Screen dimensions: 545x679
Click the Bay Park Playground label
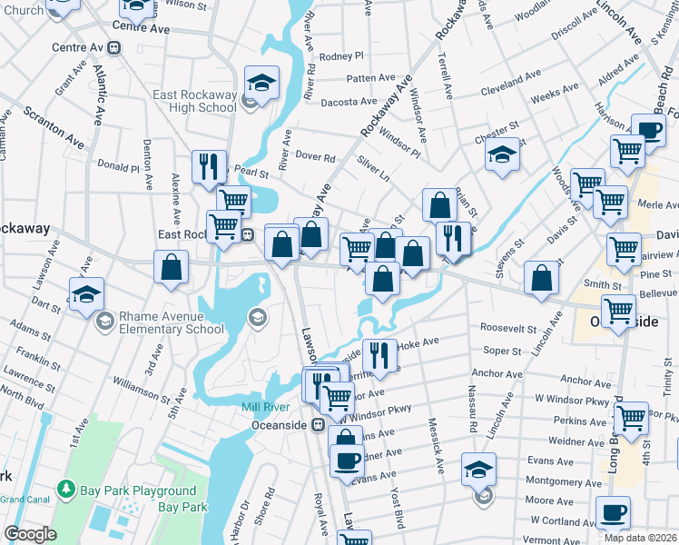point(138,491)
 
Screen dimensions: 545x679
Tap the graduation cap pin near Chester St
point(502,155)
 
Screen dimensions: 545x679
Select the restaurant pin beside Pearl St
point(209,167)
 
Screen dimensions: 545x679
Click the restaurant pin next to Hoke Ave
point(379,354)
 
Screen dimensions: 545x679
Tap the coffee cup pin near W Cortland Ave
point(613,512)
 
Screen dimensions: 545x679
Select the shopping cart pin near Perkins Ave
point(631,419)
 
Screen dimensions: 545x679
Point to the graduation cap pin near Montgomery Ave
point(478,470)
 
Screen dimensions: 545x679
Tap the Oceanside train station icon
point(318,424)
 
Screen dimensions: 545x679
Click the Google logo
point(30,534)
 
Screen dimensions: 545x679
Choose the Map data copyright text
point(640,538)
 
